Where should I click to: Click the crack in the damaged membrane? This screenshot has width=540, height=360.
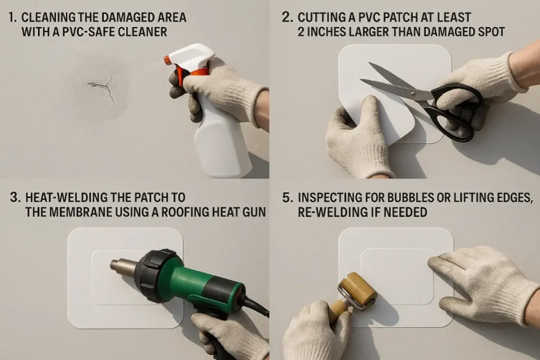[102, 85]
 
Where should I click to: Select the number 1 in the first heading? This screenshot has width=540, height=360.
[12, 17]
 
